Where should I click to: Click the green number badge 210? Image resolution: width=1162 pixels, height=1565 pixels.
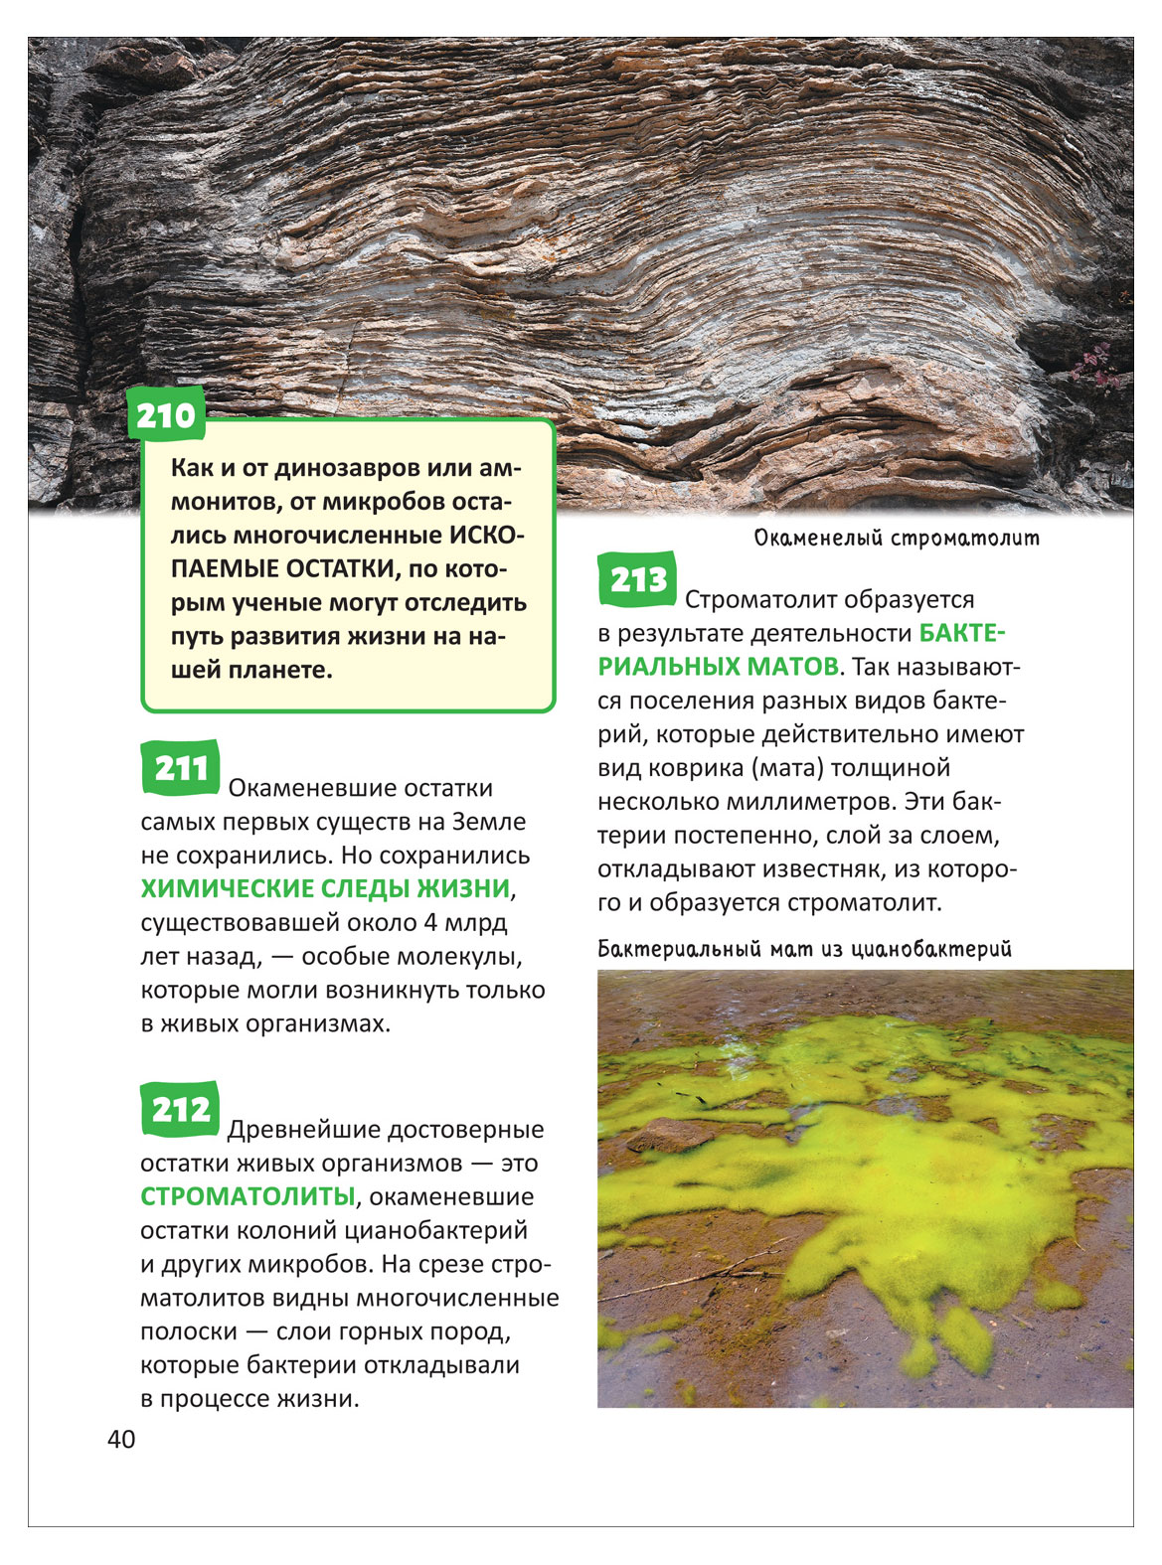166,416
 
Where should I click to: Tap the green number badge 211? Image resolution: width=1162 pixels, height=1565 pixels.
180,768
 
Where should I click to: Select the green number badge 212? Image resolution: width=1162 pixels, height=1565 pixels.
180,1109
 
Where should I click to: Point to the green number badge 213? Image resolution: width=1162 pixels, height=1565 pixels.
637,579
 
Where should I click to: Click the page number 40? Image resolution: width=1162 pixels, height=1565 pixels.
121,1440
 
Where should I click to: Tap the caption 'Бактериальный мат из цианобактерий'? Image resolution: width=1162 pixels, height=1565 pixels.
804,949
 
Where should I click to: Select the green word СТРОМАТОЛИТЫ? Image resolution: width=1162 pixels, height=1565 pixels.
248,1196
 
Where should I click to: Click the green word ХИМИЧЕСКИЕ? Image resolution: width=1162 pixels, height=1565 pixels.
222,888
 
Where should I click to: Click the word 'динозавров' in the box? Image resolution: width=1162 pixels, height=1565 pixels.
342,468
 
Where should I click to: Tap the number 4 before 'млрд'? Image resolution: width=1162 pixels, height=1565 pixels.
430,922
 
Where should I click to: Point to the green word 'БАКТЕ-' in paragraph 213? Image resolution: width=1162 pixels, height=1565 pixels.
964,633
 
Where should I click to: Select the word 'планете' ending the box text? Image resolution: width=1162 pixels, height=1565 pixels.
283,670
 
